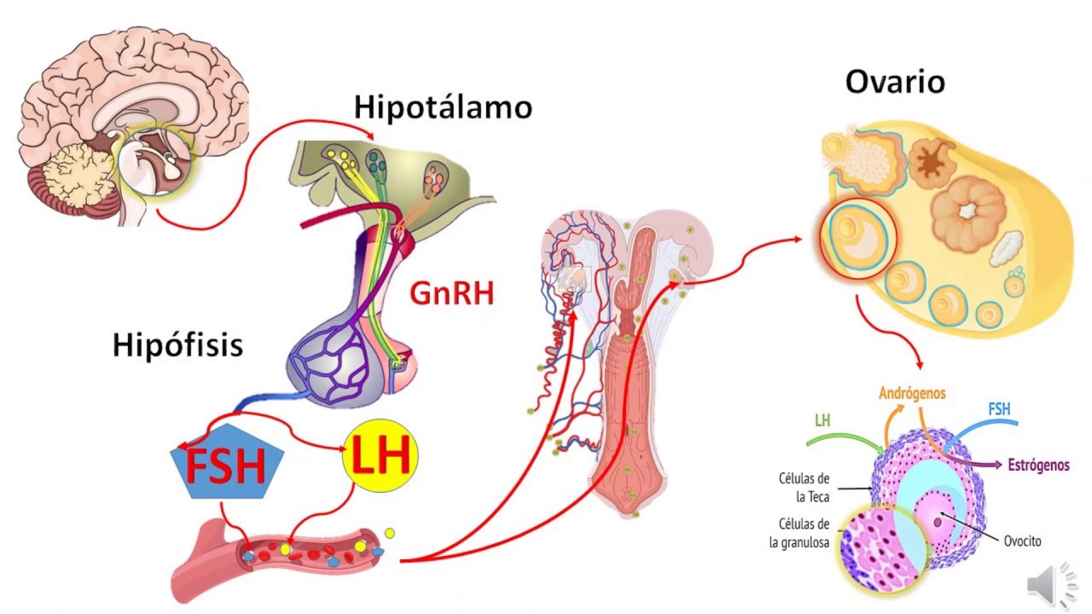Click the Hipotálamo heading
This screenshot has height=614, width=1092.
pos(443,108)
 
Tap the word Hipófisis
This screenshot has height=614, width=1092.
pos(177,345)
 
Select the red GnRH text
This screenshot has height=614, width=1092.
pos(451,293)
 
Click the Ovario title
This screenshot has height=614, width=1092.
pos(895,83)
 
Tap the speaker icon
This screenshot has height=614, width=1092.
pos(1051,588)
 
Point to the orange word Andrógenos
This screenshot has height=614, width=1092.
pos(912,393)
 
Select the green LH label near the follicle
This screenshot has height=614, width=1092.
pos(823,420)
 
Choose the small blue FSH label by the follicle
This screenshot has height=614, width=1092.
pos(999,410)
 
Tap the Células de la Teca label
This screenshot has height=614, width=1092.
pos(804,488)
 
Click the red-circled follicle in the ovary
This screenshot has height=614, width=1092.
pos(858,238)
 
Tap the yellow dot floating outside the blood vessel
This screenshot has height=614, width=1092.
pos(390,534)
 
